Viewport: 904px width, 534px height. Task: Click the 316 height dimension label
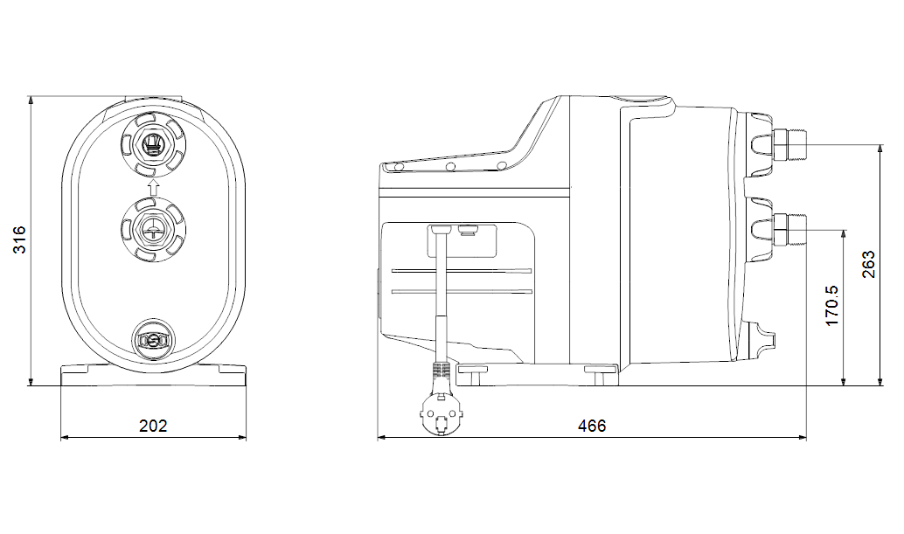click(x=19, y=239)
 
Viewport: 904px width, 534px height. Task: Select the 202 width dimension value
click(x=153, y=426)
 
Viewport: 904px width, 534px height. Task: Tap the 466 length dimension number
click(x=592, y=426)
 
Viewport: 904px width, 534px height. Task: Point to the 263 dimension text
click(x=868, y=265)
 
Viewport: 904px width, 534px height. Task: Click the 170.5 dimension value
click(x=832, y=306)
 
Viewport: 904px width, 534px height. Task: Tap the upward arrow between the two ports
click(x=153, y=186)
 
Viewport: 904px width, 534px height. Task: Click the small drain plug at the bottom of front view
click(x=153, y=340)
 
